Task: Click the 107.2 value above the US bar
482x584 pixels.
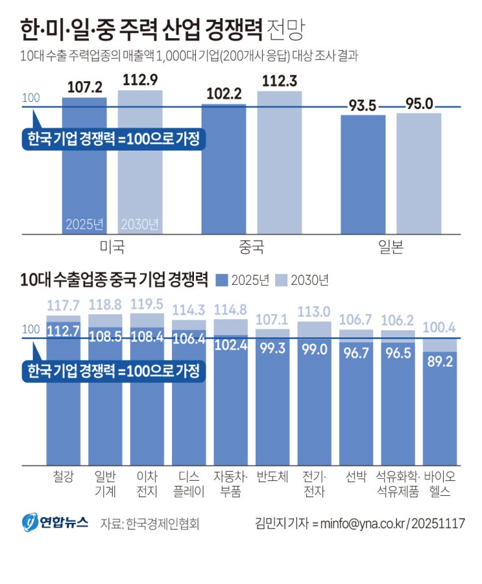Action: click(85, 88)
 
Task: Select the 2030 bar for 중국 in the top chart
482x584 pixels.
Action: click(280, 162)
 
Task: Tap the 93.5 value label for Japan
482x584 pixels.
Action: click(363, 105)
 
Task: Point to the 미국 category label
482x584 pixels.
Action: click(112, 247)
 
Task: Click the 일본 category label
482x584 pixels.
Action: click(389, 247)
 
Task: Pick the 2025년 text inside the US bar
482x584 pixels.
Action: click(84, 225)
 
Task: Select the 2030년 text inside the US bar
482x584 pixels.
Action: click(140, 225)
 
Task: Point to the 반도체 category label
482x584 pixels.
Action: click(272, 477)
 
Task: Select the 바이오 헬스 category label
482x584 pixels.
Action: click(440, 484)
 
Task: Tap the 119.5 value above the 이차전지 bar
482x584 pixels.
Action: click(147, 304)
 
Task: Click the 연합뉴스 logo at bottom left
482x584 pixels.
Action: click(54, 522)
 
